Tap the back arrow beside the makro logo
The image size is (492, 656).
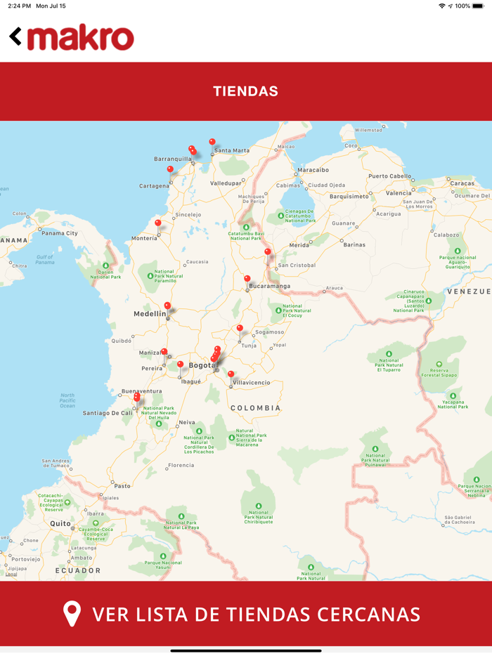(15, 37)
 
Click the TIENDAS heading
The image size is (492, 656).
(245, 91)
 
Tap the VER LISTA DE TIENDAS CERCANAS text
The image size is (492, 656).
(257, 615)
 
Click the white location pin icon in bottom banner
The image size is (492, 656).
(72, 614)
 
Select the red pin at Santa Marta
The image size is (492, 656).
(212, 143)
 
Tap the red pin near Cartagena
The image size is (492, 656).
(169, 169)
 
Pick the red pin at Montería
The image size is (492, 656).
(157, 223)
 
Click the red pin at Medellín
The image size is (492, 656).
(167, 306)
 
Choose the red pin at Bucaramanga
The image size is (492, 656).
(247, 279)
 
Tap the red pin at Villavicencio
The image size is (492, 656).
(231, 375)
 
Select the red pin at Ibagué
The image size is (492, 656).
(180, 365)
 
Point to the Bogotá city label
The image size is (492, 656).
(201, 365)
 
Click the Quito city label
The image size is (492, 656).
(60, 523)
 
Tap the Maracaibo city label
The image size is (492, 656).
(313, 170)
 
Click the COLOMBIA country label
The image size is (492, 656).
(256, 408)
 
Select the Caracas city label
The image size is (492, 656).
(462, 183)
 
